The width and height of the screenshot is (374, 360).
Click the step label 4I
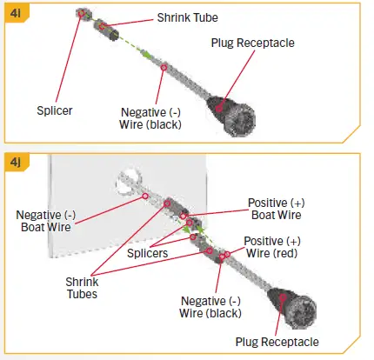[x=17, y=13]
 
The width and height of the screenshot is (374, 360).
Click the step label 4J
[x=17, y=163]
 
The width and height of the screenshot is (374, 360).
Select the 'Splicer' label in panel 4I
[x=54, y=111]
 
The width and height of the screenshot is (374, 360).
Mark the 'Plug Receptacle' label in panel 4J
[x=276, y=342]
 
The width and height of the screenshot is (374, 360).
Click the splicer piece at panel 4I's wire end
[x=83, y=15]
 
